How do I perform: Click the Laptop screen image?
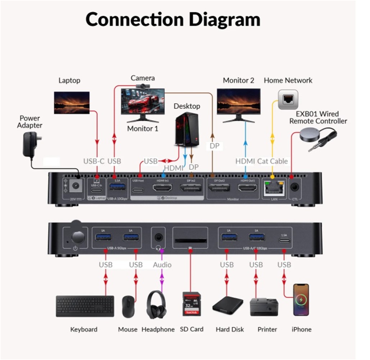tap(72, 103)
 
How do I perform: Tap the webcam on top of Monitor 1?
tap(143, 86)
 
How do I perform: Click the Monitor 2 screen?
tap(239, 101)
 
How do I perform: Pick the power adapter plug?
tap(32, 144)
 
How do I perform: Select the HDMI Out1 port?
tap(248, 188)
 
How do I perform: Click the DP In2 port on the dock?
tap(191, 188)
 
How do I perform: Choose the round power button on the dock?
tap(78, 237)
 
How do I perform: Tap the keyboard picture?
tap(85, 306)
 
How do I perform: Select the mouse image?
tap(128, 306)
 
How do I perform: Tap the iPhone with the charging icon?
tap(301, 300)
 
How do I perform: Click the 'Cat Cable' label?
tap(273, 161)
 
